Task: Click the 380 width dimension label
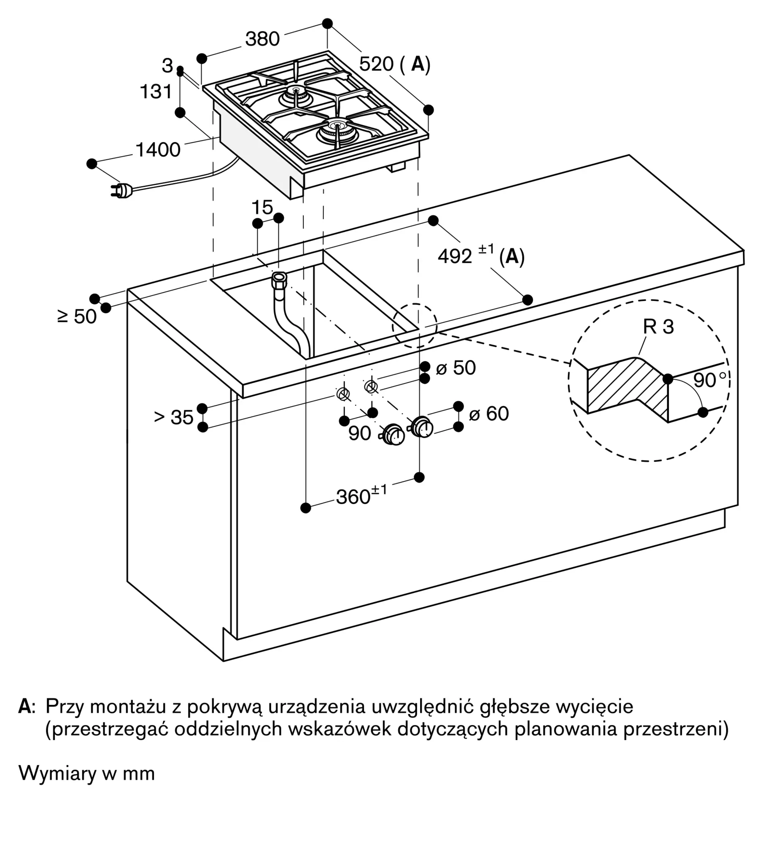coord(262,39)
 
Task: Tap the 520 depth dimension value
coord(376,64)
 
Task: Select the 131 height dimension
coord(156,91)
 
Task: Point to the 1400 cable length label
coord(158,150)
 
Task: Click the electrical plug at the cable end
coord(121,191)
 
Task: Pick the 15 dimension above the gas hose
coord(262,207)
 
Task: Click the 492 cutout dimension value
coord(455,256)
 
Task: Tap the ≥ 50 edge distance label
coord(77,316)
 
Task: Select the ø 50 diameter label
coord(455,368)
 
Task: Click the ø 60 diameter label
coord(489,413)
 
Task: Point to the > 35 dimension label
coord(173,417)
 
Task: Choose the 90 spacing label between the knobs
coord(359,433)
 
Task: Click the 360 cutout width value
coord(353,497)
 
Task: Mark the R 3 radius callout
coord(658,327)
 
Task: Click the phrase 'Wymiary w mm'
coord(87,773)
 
